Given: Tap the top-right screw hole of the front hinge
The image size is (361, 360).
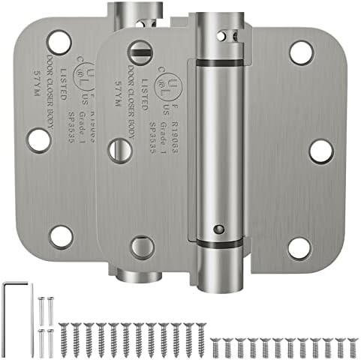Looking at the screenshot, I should [x=301, y=52].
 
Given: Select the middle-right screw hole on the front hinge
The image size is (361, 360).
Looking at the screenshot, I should [x=320, y=150].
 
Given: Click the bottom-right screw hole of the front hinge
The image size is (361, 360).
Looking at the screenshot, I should [x=300, y=248].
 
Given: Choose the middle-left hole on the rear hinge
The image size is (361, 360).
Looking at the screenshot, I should [x=38, y=140].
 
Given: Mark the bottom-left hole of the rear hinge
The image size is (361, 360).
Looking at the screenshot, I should [x=60, y=237].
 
